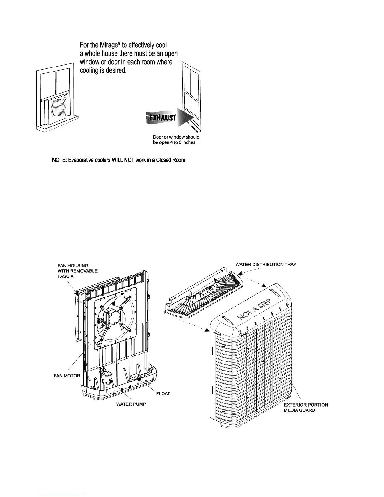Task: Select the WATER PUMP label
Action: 131,404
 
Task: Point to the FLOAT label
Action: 163,394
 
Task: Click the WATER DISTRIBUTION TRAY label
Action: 265,265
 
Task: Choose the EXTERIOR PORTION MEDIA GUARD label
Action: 306,408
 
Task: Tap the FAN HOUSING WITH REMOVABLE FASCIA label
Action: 77,271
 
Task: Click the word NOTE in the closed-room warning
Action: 59,160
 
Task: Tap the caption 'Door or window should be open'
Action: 176,140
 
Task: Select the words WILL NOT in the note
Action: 121,160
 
